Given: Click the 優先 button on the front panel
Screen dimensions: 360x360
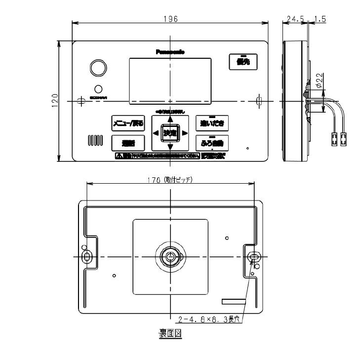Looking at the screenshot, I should tap(242, 62).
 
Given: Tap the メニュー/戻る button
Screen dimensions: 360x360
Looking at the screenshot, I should tap(128, 123).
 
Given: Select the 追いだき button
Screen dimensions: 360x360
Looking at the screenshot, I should tap(212, 123).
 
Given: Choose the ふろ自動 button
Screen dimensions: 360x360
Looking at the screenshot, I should tap(212, 143).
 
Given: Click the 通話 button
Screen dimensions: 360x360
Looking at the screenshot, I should tap(128, 143).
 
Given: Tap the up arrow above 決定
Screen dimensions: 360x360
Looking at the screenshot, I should tap(170, 119).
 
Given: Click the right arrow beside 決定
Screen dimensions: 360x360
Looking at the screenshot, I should tap(185, 133).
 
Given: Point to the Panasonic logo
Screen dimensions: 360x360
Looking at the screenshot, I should tap(170, 51).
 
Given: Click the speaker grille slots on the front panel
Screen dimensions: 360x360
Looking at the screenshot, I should tap(96, 140).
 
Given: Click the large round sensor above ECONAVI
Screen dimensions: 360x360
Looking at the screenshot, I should tap(97, 68).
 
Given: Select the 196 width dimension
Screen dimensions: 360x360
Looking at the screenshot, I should tap(170, 18).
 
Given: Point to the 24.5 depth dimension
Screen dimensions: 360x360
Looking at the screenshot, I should tap(295, 19).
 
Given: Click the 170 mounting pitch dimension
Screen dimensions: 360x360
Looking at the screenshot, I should tap(170, 180).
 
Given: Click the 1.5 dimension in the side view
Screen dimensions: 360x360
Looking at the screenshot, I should tap(320, 19).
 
